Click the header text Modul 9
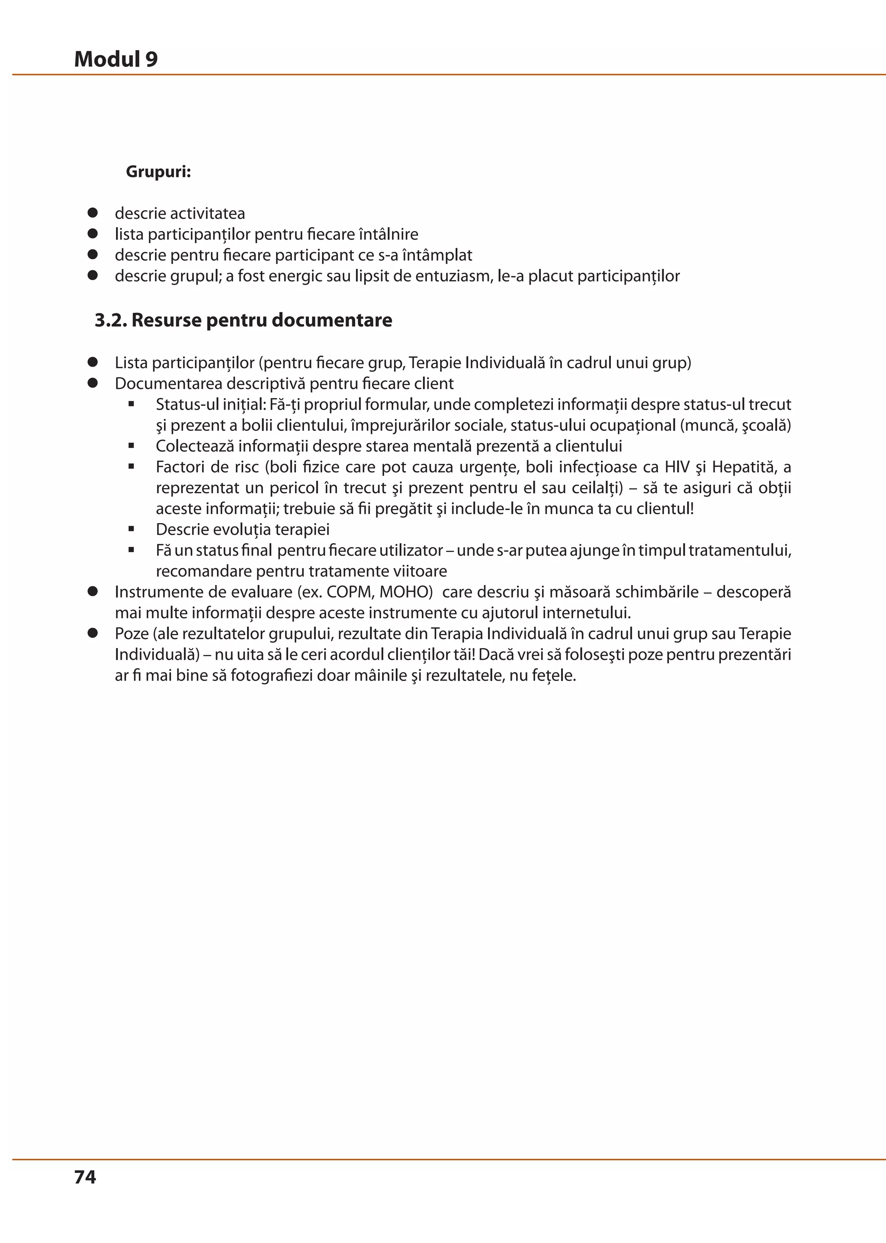(116, 59)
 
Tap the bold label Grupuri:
(158, 172)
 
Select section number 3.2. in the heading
(111, 320)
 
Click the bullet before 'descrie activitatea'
(93, 213)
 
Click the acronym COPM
(349, 592)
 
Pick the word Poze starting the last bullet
(132, 633)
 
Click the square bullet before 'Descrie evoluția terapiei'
(132, 529)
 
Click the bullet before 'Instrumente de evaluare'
(93, 591)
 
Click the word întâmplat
(437, 255)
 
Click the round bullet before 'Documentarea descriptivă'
(93, 383)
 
